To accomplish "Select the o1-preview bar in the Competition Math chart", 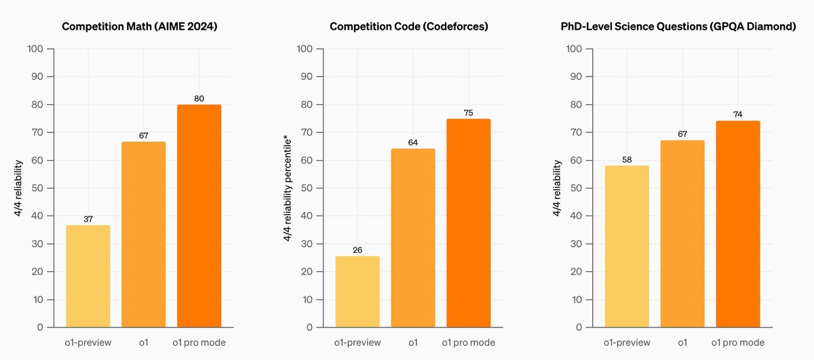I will (x=88, y=276).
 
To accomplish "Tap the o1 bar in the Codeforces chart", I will (x=412, y=237).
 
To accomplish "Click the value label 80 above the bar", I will (x=199, y=98).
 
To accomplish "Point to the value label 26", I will (x=357, y=249).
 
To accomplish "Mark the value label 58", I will (x=627, y=159).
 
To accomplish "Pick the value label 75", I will (x=468, y=113).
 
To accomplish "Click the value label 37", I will (x=88, y=219).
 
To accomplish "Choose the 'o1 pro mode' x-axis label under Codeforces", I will (x=468, y=342).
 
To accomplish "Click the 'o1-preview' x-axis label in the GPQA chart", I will (x=627, y=342).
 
